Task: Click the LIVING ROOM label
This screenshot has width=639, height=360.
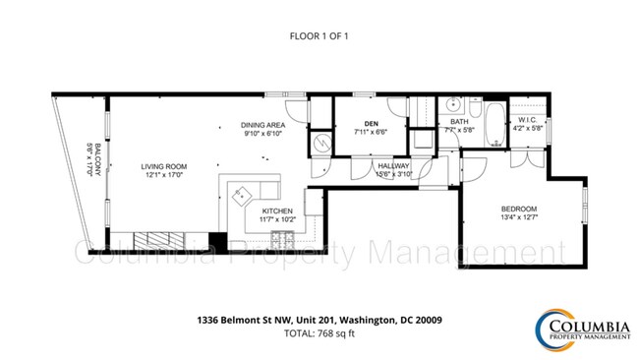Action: point(163,167)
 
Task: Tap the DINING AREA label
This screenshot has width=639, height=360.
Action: point(262,125)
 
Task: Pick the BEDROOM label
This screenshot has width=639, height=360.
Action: point(518,209)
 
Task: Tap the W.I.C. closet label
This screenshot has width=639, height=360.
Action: point(528,120)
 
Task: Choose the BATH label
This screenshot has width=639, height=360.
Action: point(459,121)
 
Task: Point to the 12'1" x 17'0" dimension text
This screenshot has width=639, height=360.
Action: point(163,177)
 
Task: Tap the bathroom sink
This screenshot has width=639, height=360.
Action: point(454,104)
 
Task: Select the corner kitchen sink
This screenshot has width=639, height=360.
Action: point(242,194)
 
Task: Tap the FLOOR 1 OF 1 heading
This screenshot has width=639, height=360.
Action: point(319,36)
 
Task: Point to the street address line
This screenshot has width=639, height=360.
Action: point(319,319)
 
